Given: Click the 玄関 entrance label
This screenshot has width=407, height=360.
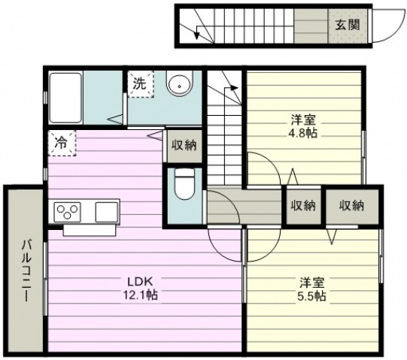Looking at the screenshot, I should click(x=347, y=24).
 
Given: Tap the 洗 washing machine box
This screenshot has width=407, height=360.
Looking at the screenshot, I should click(x=140, y=84).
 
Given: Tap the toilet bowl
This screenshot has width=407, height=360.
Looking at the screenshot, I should click(x=183, y=183).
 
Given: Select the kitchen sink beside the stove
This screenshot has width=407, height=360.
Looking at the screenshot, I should click(x=105, y=211).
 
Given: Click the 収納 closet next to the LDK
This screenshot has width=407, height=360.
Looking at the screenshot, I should click(x=183, y=145).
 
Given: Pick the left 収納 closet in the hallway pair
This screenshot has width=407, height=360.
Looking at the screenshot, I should click(x=302, y=205).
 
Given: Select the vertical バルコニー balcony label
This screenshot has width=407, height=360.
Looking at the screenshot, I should click(x=25, y=271).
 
